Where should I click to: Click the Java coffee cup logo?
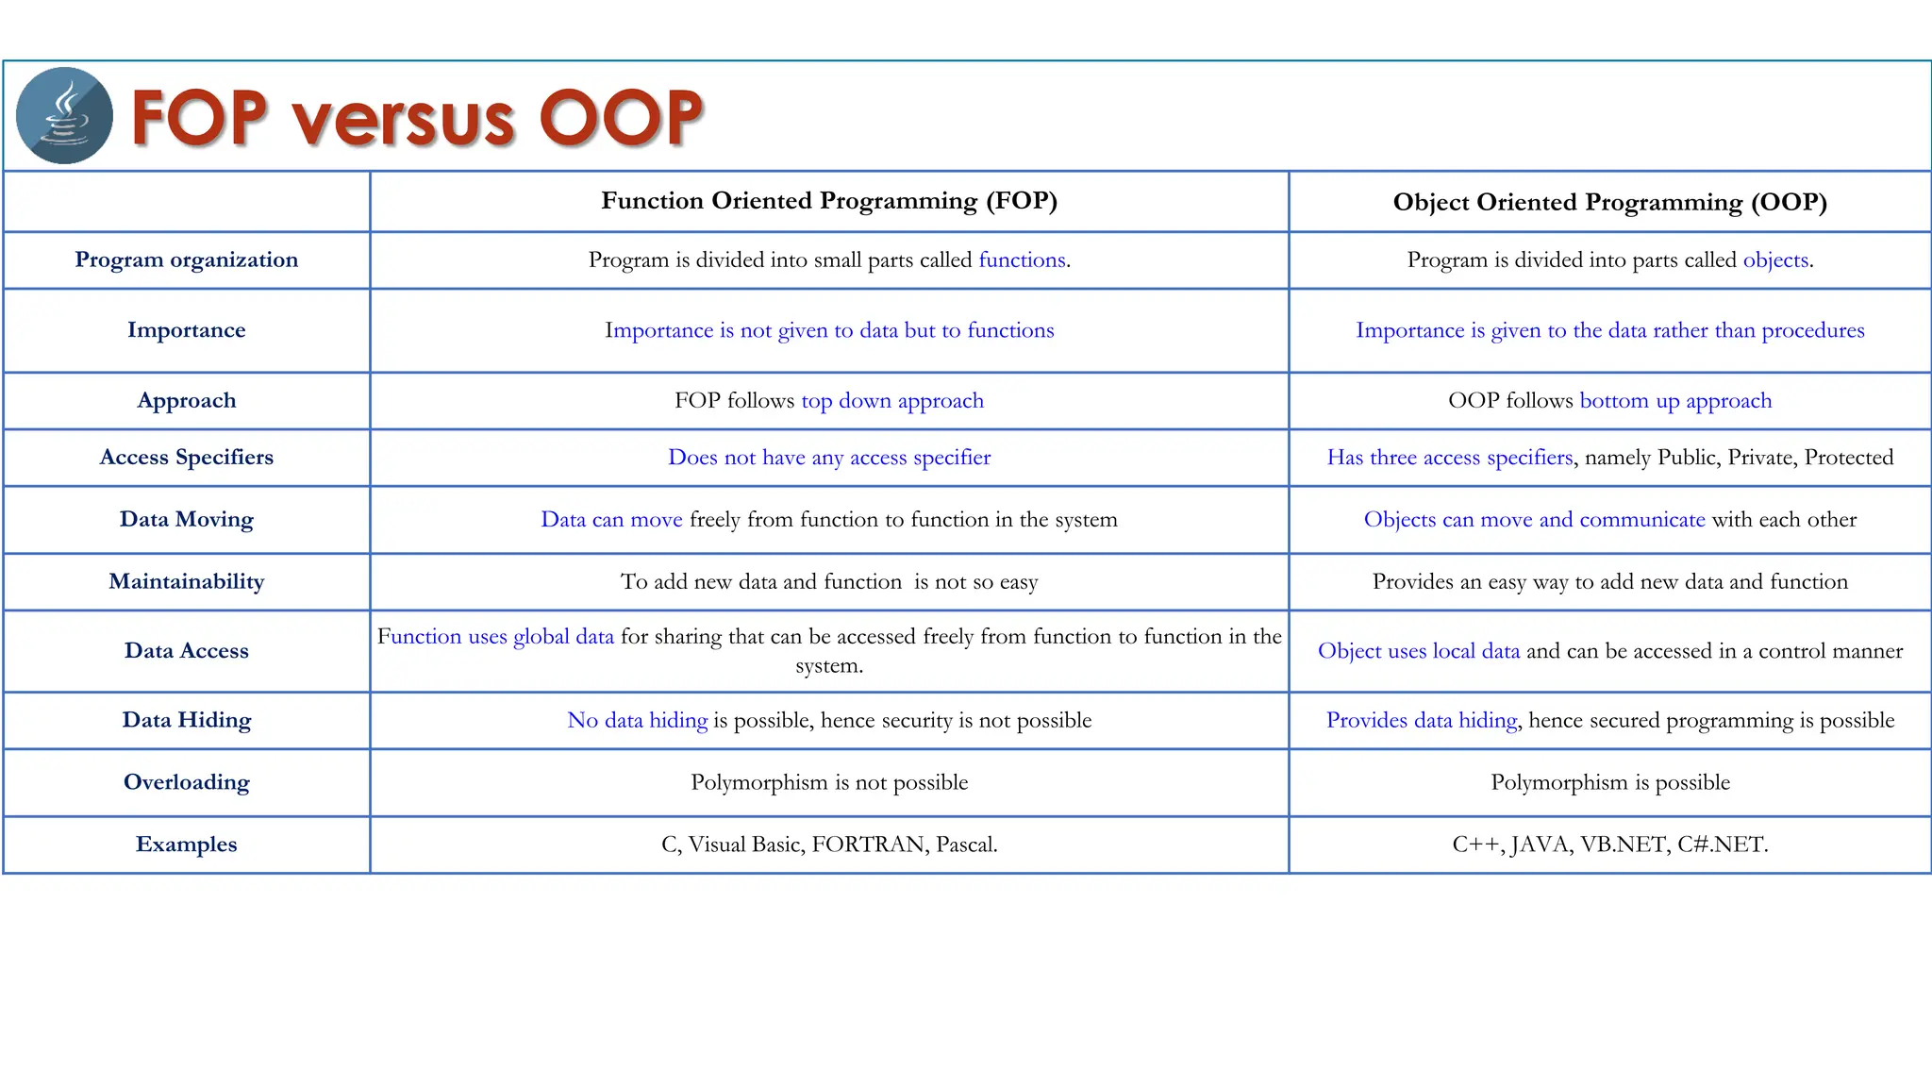64,115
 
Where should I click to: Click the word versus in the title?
403,119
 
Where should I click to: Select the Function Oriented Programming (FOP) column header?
828,200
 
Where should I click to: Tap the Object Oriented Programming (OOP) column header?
1609,202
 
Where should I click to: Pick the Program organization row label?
186,259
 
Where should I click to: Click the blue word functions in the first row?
1022,259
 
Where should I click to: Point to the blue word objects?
1775,259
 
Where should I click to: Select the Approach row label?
186,400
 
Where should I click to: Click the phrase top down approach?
891,400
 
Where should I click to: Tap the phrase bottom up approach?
1675,400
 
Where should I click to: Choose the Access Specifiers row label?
186,457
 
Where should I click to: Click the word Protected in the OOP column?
1848,457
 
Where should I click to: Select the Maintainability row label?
186,581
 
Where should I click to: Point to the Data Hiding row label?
186,720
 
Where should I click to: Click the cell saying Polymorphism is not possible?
828,782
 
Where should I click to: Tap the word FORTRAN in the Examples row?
868,845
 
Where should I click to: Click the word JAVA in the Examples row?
1541,845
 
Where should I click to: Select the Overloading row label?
186,782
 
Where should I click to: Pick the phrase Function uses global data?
495,637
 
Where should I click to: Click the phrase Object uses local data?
1418,651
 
